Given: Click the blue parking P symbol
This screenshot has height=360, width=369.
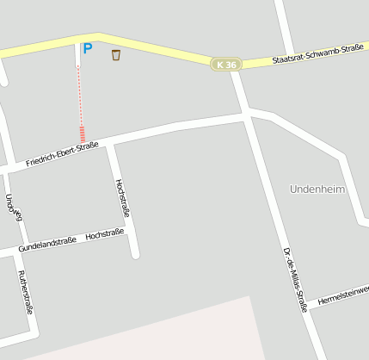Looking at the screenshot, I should point(87,49).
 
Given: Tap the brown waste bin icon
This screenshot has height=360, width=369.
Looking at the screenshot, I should point(116,55).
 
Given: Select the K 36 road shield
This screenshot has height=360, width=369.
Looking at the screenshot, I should point(226,65).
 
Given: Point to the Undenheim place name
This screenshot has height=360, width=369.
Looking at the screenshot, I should point(317,189).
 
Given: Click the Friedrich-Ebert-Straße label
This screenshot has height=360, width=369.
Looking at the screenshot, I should point(62,153).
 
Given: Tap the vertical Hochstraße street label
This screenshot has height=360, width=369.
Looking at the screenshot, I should point(122,199).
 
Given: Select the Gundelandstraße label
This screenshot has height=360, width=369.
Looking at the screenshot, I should point(48,244).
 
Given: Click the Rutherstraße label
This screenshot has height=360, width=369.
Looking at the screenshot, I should point(25,292).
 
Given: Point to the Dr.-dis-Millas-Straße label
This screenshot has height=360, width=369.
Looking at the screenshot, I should point(294,277).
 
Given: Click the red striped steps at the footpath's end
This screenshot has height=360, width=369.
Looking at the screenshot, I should point(82,134).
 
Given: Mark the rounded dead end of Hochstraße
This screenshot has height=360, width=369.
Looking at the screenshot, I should point(134,254).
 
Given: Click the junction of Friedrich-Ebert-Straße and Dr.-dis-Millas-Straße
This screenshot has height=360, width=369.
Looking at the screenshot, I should point(247,113).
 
